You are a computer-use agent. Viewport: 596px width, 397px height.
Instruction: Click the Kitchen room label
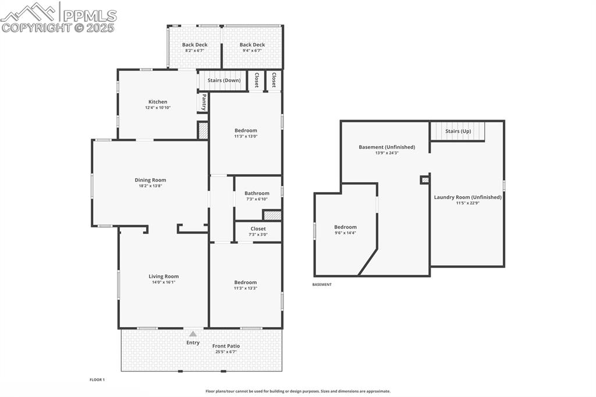[x=157, y=102]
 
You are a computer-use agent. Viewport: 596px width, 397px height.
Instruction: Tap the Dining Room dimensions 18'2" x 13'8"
[x=151, y=186]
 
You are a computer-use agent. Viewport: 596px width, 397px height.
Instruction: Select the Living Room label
[x=164, y=277]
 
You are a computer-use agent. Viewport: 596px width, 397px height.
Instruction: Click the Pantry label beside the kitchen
[x=204, y=103]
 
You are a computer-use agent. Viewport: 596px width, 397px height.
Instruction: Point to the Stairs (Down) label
[x=224, y=80]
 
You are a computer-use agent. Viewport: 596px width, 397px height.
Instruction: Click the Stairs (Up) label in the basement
[x=458, y=131]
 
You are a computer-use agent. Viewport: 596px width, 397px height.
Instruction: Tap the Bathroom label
[x=257, y=193]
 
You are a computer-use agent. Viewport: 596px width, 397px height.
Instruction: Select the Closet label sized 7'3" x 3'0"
[x=258, y=229]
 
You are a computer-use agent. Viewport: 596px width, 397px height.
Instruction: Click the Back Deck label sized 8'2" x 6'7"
[x=194, y=45]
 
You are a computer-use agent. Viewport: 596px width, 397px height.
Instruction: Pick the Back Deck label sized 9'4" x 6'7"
[x=252, y=45]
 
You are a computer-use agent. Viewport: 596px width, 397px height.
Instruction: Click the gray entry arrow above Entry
[x=193, y=334]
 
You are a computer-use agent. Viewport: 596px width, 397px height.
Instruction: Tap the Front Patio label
[x=226, y=346]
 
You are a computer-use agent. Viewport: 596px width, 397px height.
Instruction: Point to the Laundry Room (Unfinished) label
[x=467, y=197]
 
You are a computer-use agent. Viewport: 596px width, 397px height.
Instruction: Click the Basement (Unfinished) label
[x=379, y=147]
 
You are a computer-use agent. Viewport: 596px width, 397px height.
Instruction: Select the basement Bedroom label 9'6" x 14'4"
[x=345, y=227]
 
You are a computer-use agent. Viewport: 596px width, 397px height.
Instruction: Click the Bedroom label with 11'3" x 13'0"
[x=246, y=130]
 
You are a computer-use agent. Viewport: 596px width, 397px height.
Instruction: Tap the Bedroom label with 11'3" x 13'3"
[x=246, y=282]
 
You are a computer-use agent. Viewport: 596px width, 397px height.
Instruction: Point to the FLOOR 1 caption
[x=97, y=380]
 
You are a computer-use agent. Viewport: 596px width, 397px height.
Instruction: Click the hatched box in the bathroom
[x=272, y=215]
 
